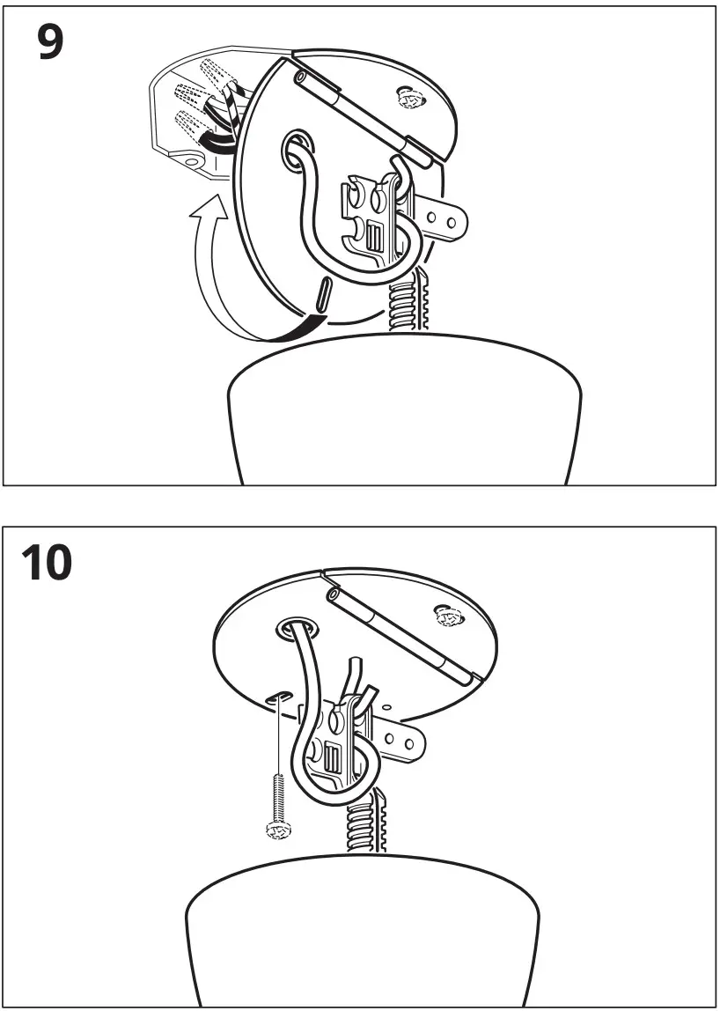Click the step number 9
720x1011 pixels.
(x=50, y=42)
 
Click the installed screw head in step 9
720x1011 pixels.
(x=409, y=97)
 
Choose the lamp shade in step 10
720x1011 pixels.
(x=361, y=934)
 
